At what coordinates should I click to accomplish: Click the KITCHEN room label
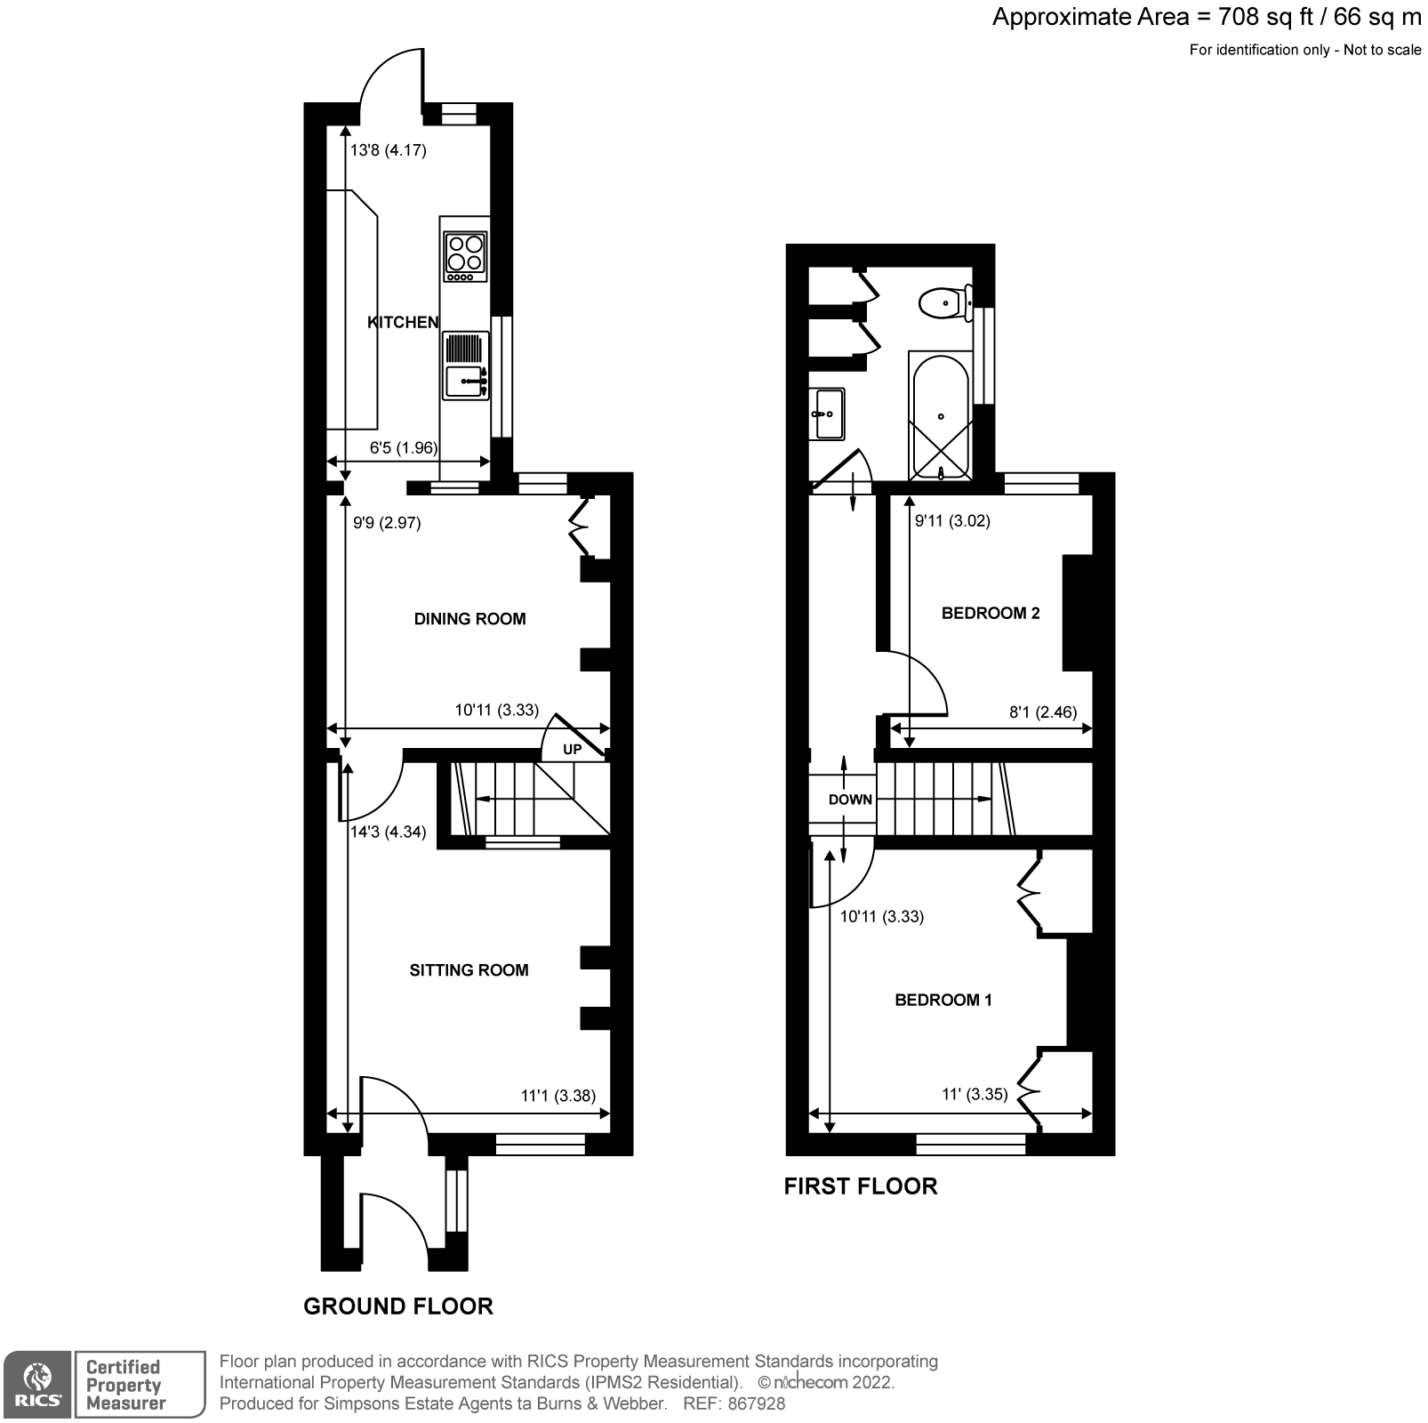(x=403, y=322)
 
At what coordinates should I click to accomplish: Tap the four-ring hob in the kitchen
(x=466, y=253)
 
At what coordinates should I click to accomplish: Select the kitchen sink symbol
(x=466, y=382)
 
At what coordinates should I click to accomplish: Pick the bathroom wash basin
(x=827, y=414)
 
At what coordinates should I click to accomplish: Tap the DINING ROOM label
(x=469, y=619)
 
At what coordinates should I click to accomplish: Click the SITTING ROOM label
(x=469, y=970)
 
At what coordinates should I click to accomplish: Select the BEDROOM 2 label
(x=991, y=613)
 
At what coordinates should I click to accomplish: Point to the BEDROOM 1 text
(x=943, y=1000)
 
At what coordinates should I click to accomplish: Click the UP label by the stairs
(x=573, y=750)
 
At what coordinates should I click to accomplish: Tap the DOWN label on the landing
(x=850, y=800)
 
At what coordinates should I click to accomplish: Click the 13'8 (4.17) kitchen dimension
(x=388, y=150)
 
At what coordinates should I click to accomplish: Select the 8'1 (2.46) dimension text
(x=1043, y=711)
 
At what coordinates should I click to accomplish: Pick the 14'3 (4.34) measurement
(x=388, y=832)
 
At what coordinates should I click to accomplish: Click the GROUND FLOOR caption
(x=397, y=1306)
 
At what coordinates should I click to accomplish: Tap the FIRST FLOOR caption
(x=860, y=1186)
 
